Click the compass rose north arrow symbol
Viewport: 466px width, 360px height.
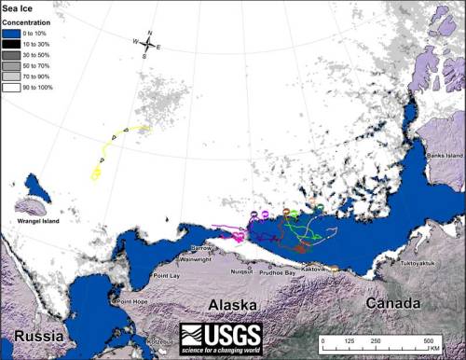point(146,43)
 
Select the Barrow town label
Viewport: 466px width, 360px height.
point(200,248)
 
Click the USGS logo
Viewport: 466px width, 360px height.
point(221,338)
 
